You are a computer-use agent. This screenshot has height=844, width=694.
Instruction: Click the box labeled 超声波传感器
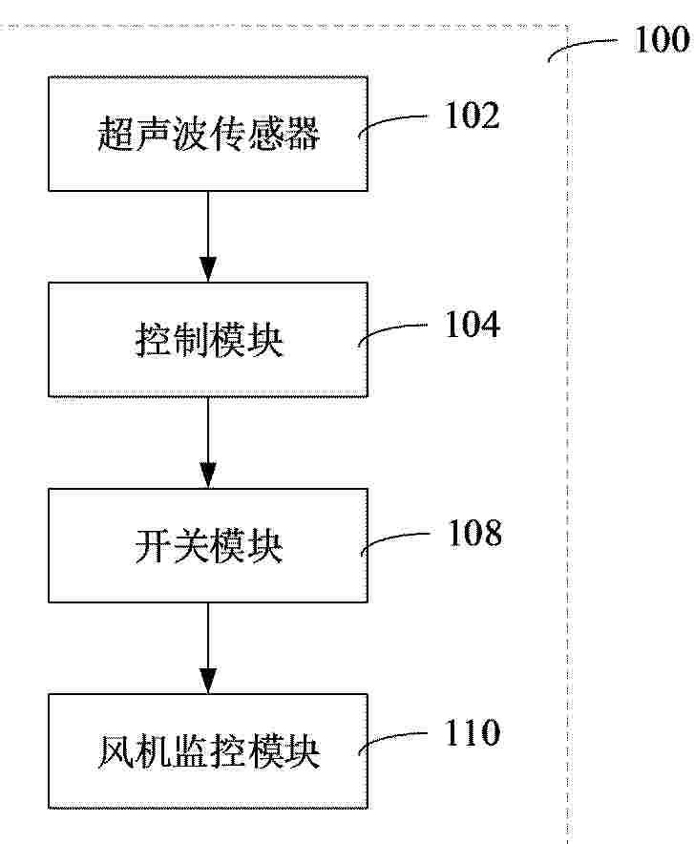[208, 134]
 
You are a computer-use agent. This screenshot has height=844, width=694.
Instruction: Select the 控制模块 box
[208, 340]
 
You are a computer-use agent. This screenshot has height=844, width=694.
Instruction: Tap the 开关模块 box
[208, 545]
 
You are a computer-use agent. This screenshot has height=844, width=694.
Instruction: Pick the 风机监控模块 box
[208, 750]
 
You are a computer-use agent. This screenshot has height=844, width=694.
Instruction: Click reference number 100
[662, 39]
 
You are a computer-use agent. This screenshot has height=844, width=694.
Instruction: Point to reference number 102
[472, 116]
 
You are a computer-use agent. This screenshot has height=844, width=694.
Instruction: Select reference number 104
[472, 325]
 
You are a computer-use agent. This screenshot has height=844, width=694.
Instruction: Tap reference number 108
[475, 534]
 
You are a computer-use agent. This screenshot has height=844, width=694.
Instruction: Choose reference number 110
[472, 732]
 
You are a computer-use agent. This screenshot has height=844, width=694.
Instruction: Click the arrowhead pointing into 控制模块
[208, 269]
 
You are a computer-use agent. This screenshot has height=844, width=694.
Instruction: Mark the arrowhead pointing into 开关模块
[208, 475]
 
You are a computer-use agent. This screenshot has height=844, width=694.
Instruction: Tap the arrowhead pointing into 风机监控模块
[208, 681]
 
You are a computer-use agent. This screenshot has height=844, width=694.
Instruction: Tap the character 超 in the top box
[116, 134]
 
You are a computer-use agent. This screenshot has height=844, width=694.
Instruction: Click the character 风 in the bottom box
[116, 751]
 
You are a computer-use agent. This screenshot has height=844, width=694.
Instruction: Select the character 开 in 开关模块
[153, 546]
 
